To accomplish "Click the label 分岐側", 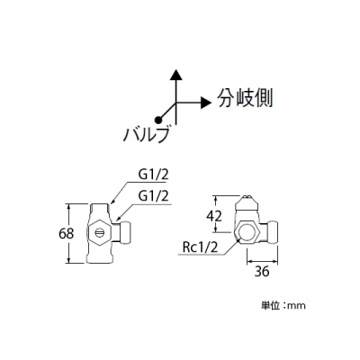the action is click(245, 99).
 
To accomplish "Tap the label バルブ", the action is click(146, 135).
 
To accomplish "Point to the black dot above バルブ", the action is click(158, 120).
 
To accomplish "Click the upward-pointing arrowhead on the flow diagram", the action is click(176, 75).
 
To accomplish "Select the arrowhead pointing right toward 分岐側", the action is click(206, 103).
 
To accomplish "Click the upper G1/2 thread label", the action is click(154, 175).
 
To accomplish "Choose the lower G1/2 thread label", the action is click(154, 197).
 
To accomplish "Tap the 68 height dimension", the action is click(67, 233).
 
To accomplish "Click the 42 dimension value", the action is click(214, 216).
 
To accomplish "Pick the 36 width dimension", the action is click(262, 272).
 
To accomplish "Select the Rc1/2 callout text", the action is click(200, 247).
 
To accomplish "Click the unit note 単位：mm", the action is click(283, 306).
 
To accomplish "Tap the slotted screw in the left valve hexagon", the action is click(101, 233).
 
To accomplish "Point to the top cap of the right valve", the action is click(247, 202).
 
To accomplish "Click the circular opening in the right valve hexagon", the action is click(246, 232).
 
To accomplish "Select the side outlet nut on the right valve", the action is click(273, 231).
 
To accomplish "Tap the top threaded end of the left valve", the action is click(100, 208).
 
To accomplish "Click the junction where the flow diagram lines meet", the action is click(176, 103).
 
